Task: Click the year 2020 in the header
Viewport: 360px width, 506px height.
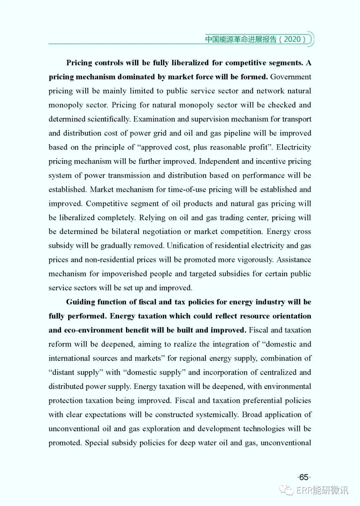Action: tap(292, 39)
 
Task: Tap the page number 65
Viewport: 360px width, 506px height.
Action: tap(304, 477)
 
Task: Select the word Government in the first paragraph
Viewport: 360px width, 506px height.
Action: tap(290, 77)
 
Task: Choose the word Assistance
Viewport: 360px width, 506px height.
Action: tap(294, 260)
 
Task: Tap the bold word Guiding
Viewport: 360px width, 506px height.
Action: tap(80, 302)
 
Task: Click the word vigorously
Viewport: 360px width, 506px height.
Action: tap(255, 260)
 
